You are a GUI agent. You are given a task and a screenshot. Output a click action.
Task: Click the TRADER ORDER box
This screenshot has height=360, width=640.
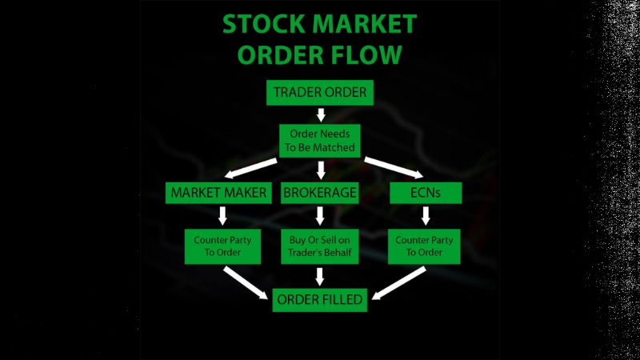320,93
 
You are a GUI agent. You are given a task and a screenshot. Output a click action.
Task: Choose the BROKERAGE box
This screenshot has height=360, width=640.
320,193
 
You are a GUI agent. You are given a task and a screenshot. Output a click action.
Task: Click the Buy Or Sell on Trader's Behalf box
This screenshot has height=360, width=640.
320,247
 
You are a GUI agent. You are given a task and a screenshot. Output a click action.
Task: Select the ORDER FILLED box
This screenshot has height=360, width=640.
320,300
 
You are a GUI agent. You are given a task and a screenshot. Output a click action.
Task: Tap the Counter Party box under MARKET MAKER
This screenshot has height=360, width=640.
224,247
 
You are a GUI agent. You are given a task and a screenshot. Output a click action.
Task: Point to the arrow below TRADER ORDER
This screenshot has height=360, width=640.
320,114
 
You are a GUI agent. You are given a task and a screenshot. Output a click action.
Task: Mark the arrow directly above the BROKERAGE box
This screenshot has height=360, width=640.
320,170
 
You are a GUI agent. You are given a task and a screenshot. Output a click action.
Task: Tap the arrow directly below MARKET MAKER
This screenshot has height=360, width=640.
224,216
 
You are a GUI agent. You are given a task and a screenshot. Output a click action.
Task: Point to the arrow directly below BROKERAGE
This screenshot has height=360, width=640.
320,216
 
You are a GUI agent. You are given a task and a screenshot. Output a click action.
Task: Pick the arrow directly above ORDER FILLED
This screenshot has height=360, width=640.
320,277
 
